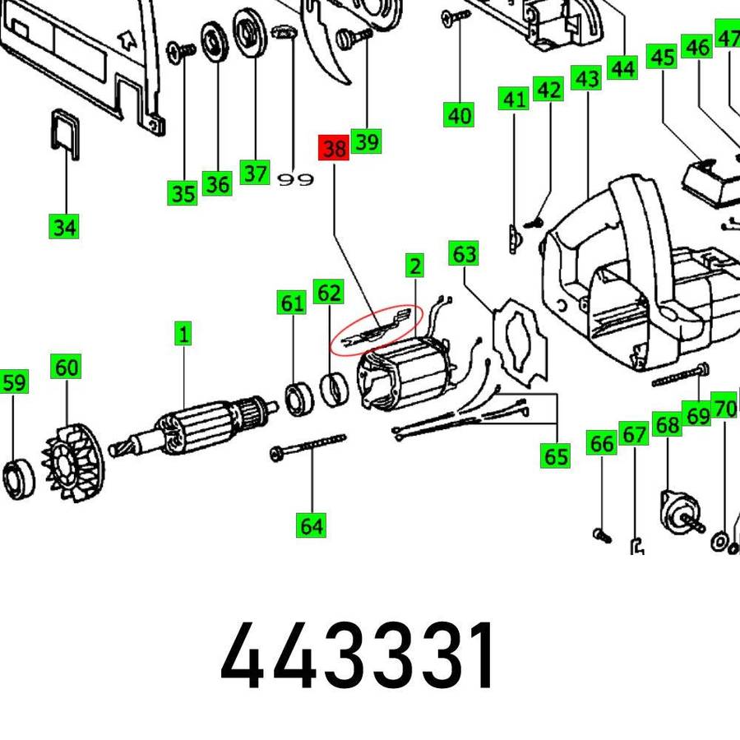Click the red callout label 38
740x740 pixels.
pyautogui.click(x=334, y=149)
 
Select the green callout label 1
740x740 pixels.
pyautogui.click(x=183, y=334)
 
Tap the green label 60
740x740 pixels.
pyautogui.click(x=67, y=367)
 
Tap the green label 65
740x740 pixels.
pyautogui.click(x=557, y=456)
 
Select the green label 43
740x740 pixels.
pyautogui.click(x=587, y=79)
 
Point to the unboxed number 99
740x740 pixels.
pyautogui.click(x=295, y=179)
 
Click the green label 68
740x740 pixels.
pyautogui.click(x=668, y=425)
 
